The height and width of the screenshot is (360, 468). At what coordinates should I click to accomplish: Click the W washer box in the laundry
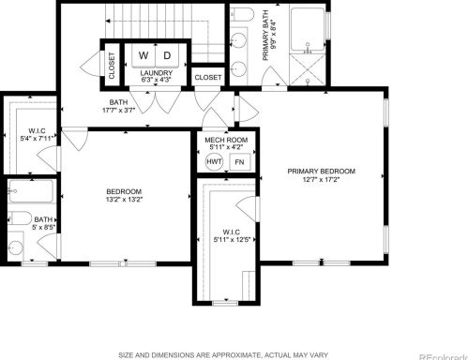tap(143, 55)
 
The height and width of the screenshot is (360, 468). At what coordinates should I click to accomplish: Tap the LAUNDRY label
tap(157, 74)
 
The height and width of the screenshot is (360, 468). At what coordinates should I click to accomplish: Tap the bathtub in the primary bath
tap(307, 29)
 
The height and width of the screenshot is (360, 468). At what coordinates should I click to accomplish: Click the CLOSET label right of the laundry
tap(208, 77)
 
